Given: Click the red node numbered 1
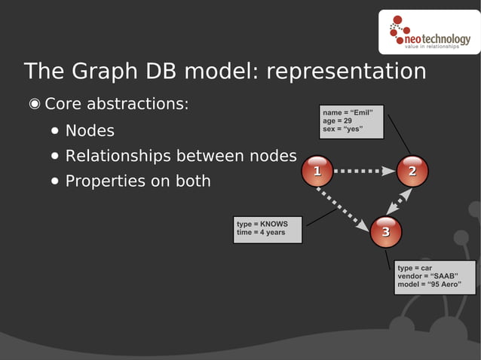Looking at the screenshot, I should (x=317, y=172).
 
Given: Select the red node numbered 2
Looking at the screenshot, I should (x=412, y=172).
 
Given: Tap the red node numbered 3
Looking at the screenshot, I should (x=385, y=231).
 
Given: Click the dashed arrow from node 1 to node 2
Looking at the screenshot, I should (x=363, y=171).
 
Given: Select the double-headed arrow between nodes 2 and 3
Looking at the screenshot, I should (x=400, y=202).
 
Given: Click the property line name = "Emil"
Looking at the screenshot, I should (x=348, y=112).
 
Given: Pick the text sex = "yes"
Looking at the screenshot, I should (x=342, y=129).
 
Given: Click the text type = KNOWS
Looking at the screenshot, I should (x=262, y=224).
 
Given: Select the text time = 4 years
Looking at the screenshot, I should (x=261, y=233).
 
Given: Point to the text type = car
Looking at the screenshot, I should (x=414, y=268).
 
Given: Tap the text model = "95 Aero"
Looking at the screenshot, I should (x=429, y=285).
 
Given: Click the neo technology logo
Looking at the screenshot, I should (x=429, y=34).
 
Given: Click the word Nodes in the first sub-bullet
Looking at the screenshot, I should (x=90, y=131).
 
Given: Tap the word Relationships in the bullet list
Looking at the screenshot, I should (x=118, y=156).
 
